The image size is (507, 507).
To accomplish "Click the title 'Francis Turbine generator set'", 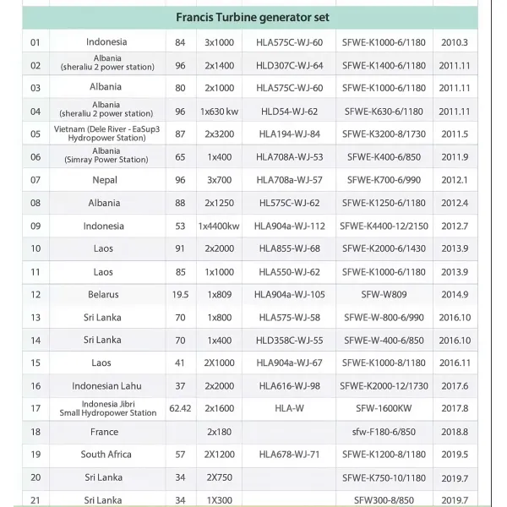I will [253, 17].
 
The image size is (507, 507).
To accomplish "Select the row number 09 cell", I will [35, 226].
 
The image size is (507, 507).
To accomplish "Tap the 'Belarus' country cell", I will [103, 295].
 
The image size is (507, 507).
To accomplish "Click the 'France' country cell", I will [105, 431].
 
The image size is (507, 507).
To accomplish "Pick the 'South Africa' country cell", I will [106, 454].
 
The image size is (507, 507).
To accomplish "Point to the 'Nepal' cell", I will [105, 180].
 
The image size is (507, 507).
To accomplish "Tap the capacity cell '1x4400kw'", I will [219, 226].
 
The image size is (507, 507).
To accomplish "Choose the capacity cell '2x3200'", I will [219, 134].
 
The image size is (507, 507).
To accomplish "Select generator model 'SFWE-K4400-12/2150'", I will [384, 226].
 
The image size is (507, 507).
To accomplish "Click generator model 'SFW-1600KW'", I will [384, 408].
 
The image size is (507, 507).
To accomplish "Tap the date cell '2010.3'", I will [455, 41].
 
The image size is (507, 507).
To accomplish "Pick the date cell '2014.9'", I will [455, 295].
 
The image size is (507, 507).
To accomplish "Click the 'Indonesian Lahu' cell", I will [106, 385].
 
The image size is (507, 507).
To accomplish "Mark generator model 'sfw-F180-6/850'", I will [384, 431].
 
